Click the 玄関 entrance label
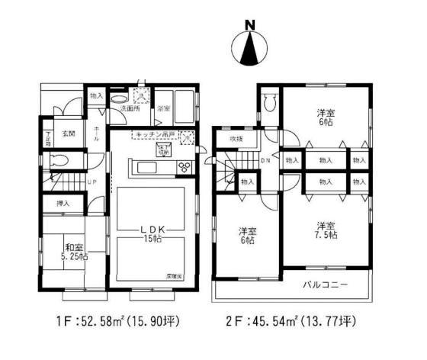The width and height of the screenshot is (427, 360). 69,135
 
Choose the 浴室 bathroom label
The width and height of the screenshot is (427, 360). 162,109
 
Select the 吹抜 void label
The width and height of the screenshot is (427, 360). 237,139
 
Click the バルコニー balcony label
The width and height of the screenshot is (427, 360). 330,284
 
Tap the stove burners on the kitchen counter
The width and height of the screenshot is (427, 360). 184,167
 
